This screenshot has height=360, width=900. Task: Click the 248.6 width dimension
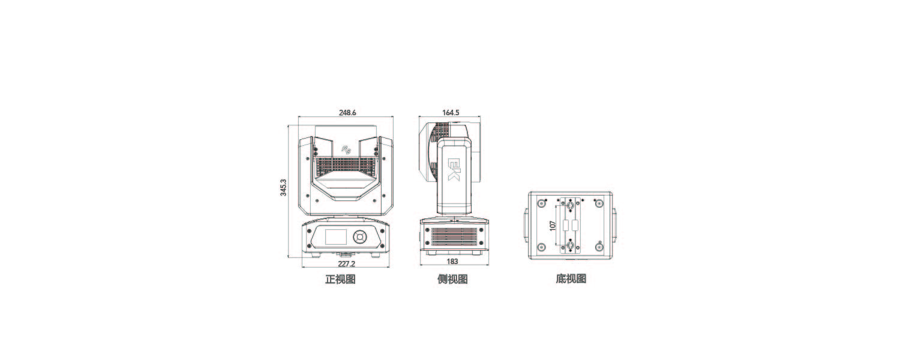coord(347,113)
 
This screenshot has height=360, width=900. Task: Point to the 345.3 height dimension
coord(283,187)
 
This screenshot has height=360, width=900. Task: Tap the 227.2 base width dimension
coord(346,263)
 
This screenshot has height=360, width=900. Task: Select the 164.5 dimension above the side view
coord(451,113)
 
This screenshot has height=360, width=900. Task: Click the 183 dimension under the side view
coord(452,262)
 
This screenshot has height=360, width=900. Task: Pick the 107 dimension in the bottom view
coord(553,226)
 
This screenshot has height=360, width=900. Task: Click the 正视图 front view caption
coord(340,279)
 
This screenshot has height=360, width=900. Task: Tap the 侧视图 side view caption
coord(452,279)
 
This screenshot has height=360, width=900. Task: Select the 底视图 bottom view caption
coord(571,279)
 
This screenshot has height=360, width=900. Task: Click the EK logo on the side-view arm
coord(454,170)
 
